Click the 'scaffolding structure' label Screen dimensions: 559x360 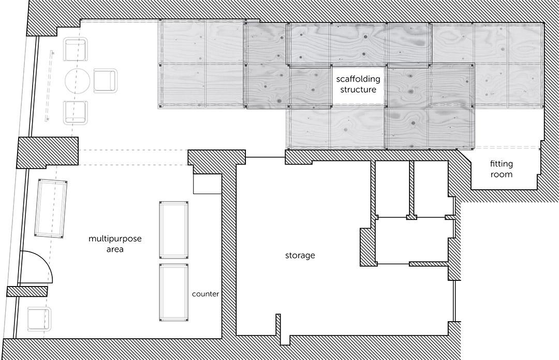tap(358, 84)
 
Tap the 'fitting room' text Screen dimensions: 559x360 tap(501, 169)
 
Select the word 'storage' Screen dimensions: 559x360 tap(300, 255)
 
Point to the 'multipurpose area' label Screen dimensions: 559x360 tap(115, 244)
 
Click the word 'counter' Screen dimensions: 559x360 tap(205, 294)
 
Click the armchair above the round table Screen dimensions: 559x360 tap(75, 49)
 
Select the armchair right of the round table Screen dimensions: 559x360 tap(105, 81)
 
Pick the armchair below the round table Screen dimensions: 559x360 tap(75, 113)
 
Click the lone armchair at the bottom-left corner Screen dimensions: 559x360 tap(39, 318)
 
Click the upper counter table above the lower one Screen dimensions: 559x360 tap(173, 230)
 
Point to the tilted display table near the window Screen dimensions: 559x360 tap(51, 208)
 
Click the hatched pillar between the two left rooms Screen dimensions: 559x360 tap(48, 153)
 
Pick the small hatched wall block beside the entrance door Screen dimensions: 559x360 tap(27, 291)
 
